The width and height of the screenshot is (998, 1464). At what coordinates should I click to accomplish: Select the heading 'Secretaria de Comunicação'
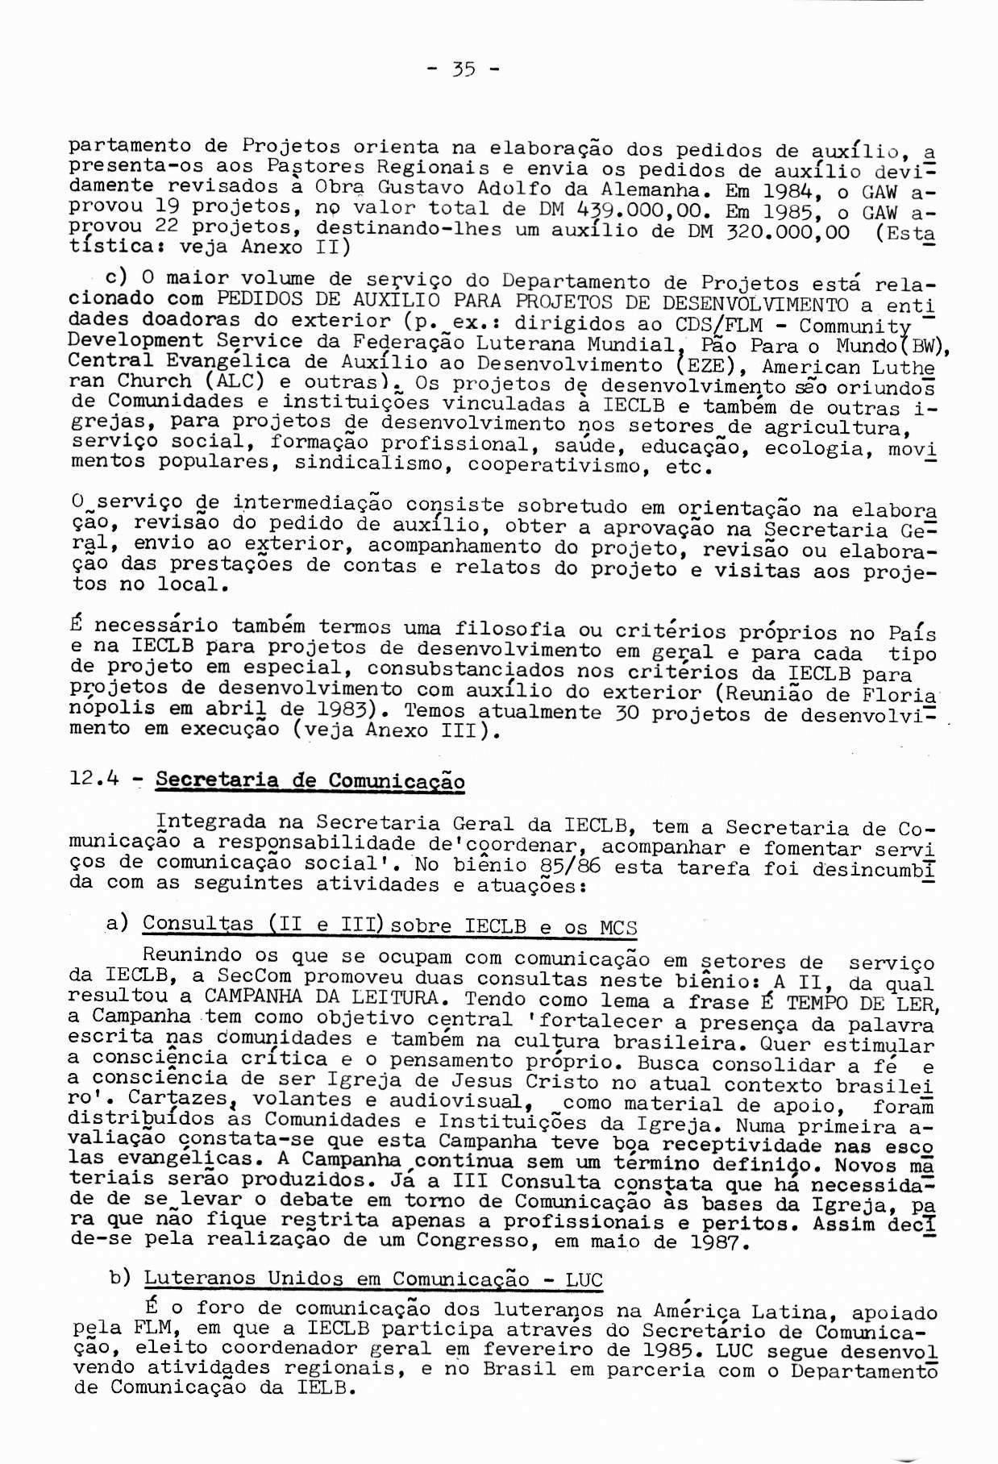click(x=310, y=780)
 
